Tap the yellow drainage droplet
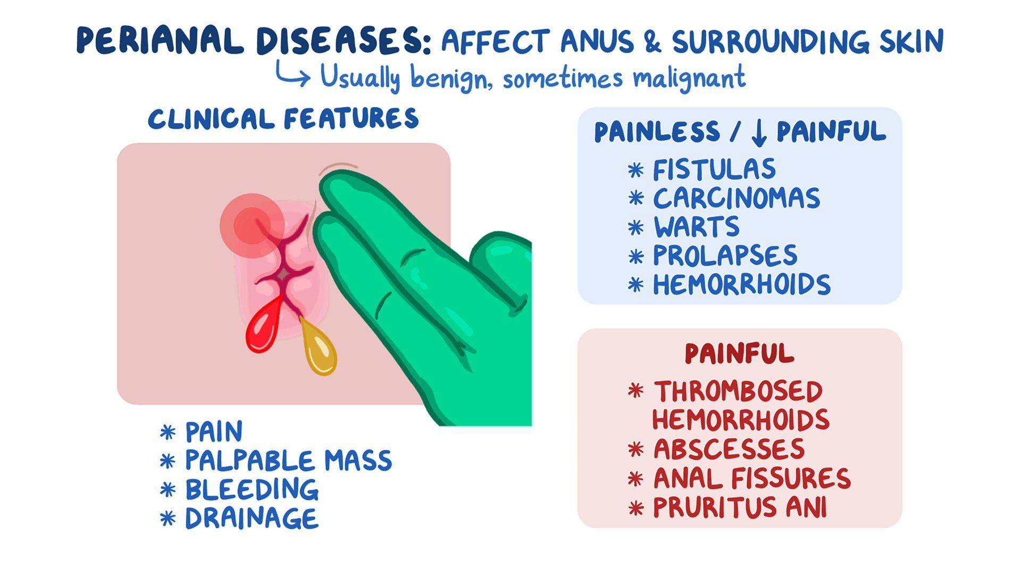[x=320, y=351]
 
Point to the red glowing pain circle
[x=252, y=225]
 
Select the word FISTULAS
[x=714, y=170]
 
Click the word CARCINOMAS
[x=737, y=199]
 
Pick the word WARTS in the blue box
[x=696, y=227]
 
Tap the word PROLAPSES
[x=725, y=256]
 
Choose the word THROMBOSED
[x=738, y=392]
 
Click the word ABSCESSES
[x=729, y=449]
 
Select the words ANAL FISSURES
[x=752, y=478]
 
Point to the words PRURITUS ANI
[x=740, y=507]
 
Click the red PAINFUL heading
[x=739, y=354]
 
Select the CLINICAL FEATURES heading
[x=283, y=119]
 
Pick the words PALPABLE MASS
[x=288, y=461]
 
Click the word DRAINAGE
[x=252, y=519]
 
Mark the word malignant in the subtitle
[x=689, y=78]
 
